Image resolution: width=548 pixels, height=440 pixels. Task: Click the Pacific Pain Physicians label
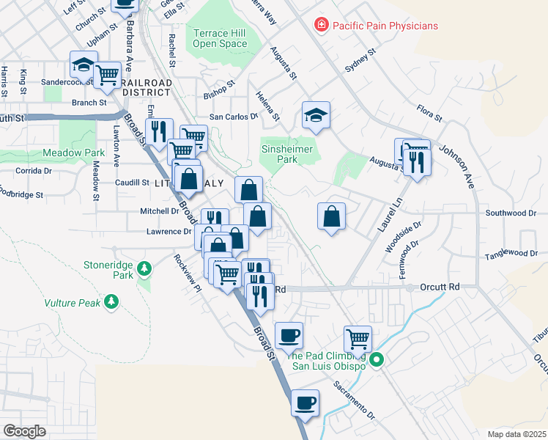pyautogui.click(x=385, y=26)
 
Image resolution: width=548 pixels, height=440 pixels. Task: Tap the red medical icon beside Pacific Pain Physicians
pyautogui.click(x=320, y=26)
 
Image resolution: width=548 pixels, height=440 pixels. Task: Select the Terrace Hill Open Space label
pyautogui.click(x=220, y=38)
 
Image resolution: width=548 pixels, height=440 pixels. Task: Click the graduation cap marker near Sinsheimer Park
pyautogui.click(x=316, y=117)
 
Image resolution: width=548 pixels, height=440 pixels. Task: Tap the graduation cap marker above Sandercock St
pyautogui.click(x=84, y=65)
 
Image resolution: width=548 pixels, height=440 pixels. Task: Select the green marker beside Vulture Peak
pyautogui.click(x=111, y=301)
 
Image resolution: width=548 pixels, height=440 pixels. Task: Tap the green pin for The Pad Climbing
pyautogui.click(x=377, y=359)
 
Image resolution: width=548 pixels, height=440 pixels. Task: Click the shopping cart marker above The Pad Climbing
pyautogui.click(x=358, y=339)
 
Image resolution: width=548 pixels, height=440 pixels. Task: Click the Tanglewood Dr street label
pyautogui.click(x=511, y=254)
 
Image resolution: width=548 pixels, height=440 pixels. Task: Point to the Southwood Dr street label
pyautogui.click(x=511, y=213)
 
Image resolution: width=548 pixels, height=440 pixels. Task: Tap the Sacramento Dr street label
pyautogui.click(x=354, y=400)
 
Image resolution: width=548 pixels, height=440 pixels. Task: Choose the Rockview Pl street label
pyautogui.click(x=187, y=274)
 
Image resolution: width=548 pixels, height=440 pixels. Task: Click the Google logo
pyautogui.click(x=24, y=431)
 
